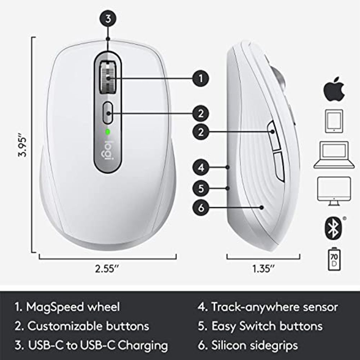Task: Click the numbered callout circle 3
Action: pos(108,19)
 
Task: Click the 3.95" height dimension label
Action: pos(22,146)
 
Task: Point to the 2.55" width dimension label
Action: pos(107,268)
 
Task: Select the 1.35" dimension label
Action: pos(263,268)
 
